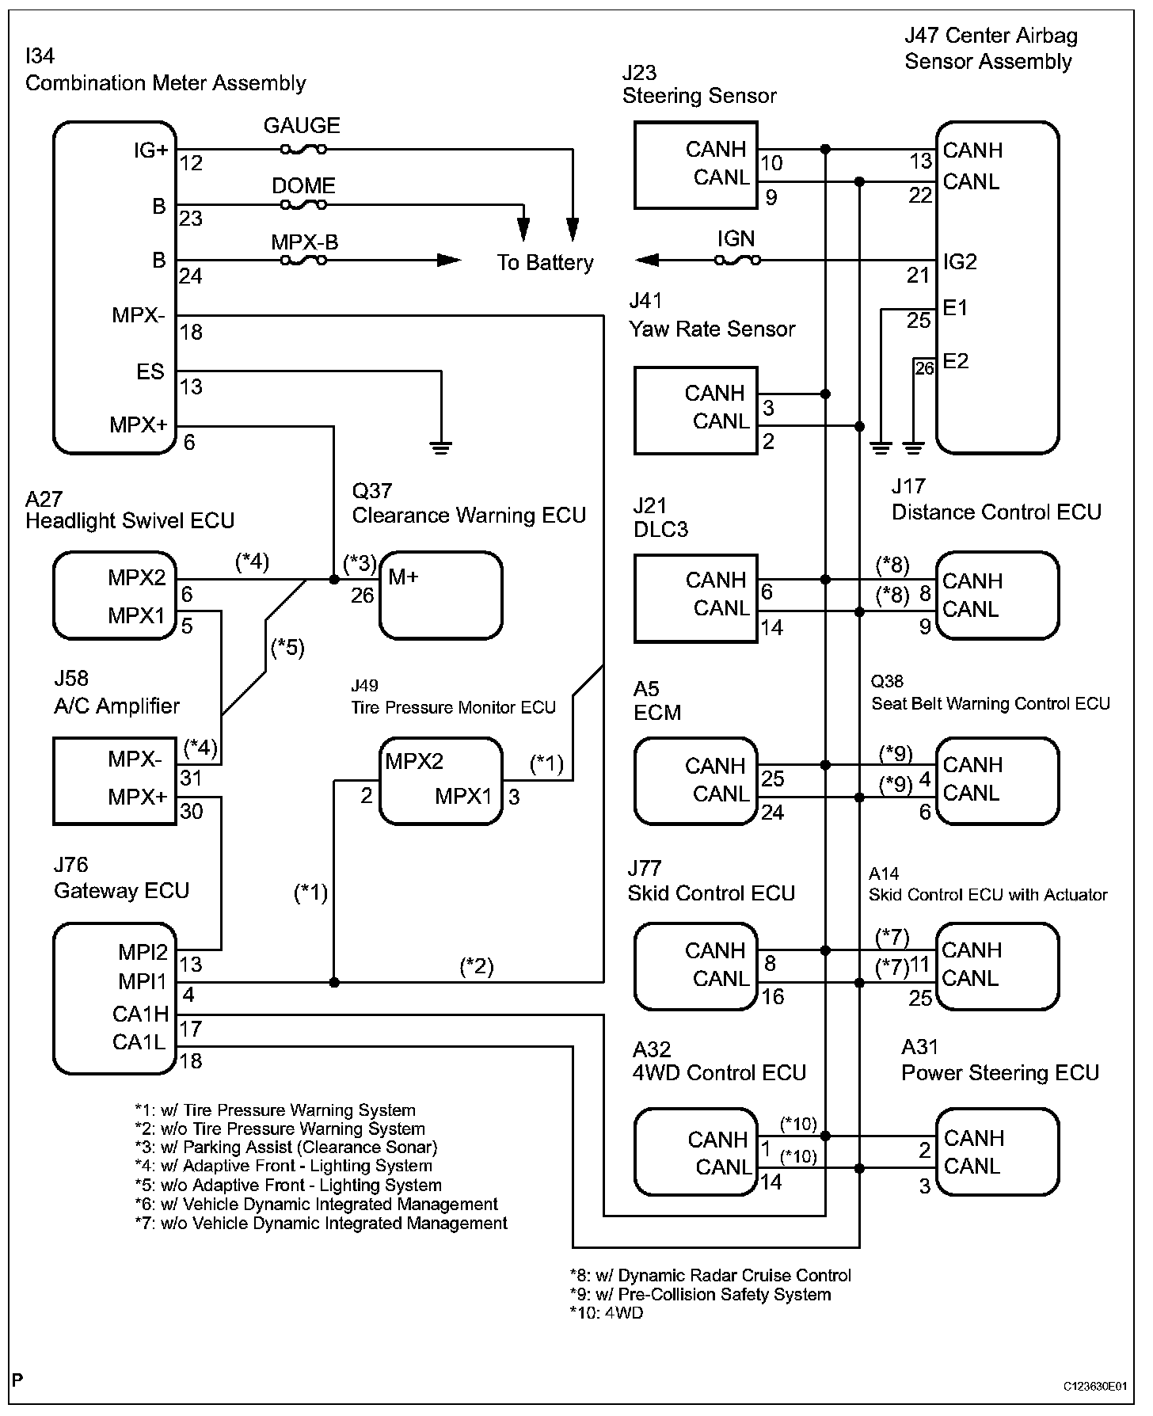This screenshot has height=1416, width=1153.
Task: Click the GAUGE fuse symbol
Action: (x=303, y=149)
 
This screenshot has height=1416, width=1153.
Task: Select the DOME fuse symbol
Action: (x=303, y=205)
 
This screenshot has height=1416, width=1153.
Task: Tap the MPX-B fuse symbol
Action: (x=303, y=260)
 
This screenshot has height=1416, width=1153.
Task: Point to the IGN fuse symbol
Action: (x=737, y=260)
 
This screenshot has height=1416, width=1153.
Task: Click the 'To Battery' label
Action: (x=545, y=263)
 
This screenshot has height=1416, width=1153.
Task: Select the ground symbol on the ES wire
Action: (x=440, y=447)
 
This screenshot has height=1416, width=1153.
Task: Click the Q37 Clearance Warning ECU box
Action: (x=440, y=596)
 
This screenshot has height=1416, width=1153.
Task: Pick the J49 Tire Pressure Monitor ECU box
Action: (x=440, y=782)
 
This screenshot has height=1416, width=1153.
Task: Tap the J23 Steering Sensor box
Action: (x=696, y=165)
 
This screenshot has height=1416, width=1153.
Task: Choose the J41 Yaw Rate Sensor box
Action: (x=696, y=410)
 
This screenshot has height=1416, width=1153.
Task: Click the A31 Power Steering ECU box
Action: (x=998, y=1151)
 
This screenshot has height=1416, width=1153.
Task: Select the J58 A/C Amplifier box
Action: (x=115, y=781)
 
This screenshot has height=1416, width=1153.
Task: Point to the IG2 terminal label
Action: (x=960, y=261)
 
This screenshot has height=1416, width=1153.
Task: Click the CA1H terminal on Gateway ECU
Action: (x=141, y=1014)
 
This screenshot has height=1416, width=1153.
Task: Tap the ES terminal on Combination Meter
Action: (x=150, y=371)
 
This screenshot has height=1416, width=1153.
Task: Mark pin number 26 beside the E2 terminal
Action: (x=924, y=368)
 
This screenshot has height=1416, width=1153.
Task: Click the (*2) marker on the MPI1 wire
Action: (x=477, y=966)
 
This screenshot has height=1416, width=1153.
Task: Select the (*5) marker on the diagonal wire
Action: (x=287, y=648)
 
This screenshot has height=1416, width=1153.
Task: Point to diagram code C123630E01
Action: (x=1095, y=1386)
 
